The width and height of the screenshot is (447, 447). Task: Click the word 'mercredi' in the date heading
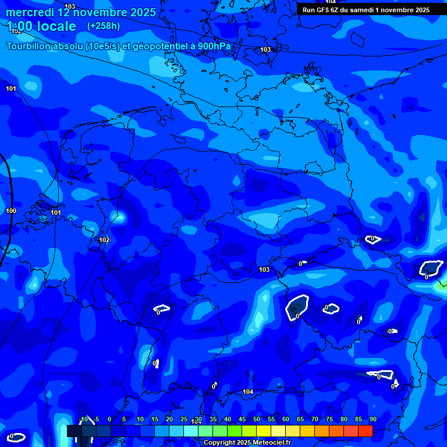point(29,12)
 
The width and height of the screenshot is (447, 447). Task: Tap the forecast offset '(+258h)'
point(104,26)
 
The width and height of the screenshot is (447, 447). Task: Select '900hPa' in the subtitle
point(214,47)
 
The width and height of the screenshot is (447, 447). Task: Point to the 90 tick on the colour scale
point(372,419)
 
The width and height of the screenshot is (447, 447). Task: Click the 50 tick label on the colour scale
point(257,419)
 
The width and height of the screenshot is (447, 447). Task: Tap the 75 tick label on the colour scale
point(329,419)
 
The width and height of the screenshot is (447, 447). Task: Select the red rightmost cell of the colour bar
point(365,431)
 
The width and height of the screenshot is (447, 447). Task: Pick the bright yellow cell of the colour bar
point(263,431)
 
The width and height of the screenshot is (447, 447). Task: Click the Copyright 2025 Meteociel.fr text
point(247,443)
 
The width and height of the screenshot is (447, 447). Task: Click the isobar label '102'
point(104,240)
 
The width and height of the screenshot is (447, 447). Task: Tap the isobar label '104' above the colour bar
point(248,392)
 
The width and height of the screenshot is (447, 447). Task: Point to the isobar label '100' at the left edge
point(11,211)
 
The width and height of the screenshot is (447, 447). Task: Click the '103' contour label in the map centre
point(264,269)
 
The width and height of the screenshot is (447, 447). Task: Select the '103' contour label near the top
point(265,49)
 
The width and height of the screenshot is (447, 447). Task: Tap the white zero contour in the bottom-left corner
point(16,437)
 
